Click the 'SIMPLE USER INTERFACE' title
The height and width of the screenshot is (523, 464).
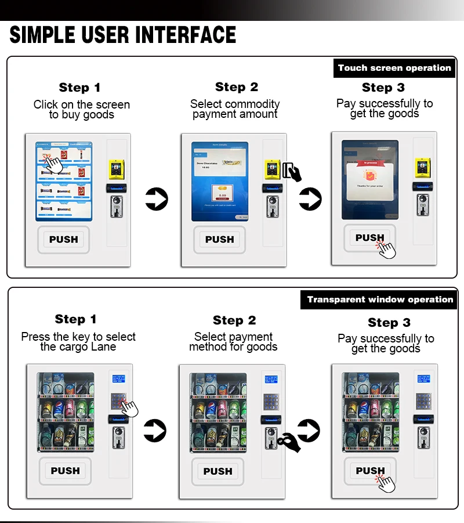click(x=123, y=35)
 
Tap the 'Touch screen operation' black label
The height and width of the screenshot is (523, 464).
click(x=394, y=68)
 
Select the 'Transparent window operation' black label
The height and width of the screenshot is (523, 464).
click(x=380, y=300)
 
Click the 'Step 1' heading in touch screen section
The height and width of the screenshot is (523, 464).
click(x=79, y=88)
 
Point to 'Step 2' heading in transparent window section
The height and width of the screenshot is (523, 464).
click(x=234, y=320)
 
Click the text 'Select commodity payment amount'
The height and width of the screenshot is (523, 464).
click(x=235, y=109)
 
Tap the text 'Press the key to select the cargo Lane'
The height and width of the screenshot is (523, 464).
click(x=78, y=341)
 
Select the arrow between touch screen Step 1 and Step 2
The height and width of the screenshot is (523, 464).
click(x=155, y=199)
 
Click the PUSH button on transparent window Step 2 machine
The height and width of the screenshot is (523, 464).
click(x=217, y=471)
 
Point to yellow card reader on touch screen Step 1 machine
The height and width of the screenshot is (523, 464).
click(x=114, y=169)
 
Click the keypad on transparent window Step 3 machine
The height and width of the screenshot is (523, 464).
click(x=423, y=400)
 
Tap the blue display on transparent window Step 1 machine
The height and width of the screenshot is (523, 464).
click(x=118, y=379)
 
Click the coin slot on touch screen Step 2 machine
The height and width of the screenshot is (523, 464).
click(x=271, y=206)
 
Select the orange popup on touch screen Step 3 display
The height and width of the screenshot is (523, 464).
click(x=369, y=174)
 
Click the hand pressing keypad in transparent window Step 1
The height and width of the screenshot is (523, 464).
click(x=131, y=407)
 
